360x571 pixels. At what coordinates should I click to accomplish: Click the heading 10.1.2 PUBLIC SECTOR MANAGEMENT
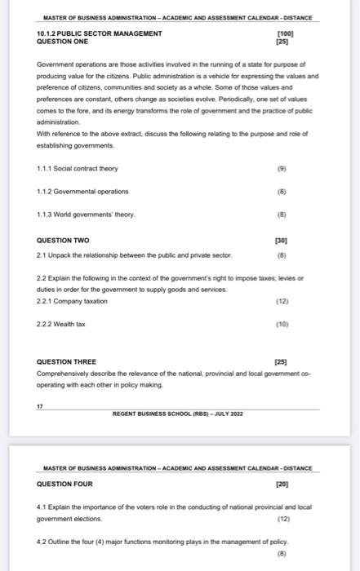click(x=99, y=33)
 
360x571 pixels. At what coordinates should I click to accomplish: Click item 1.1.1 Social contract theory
click(x=78, y=169)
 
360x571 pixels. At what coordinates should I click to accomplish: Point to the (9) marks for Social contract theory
click(x=283, y=169)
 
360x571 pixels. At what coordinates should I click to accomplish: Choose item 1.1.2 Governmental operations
click(x=82, y=192)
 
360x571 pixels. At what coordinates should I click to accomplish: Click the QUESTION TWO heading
click(x=64, y=241)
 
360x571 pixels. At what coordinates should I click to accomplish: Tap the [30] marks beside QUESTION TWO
click(x=283, y=241)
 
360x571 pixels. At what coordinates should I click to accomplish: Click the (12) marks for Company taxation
click(x=283, y=301)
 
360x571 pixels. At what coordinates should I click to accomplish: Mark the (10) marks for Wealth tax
click(x=283, y=324)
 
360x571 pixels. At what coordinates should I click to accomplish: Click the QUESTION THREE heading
click(x=67, y=361)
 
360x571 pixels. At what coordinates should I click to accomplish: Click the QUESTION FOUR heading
click(x=65, y=484)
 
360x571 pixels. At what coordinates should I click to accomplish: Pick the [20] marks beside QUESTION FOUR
click(x=283, y=484)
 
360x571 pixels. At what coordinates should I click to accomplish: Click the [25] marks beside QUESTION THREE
click(x=283, y=361)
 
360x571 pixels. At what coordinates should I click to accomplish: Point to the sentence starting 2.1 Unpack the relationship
click(x=135, y=255)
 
